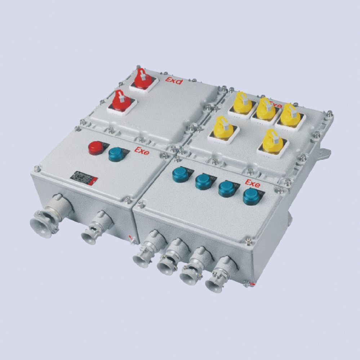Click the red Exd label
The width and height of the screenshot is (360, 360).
click(174, 80)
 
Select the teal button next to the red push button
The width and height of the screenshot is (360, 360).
click(116, 154)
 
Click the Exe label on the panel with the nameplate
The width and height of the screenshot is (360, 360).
click(142, 150)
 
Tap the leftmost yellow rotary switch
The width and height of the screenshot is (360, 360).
click(221, 127)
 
